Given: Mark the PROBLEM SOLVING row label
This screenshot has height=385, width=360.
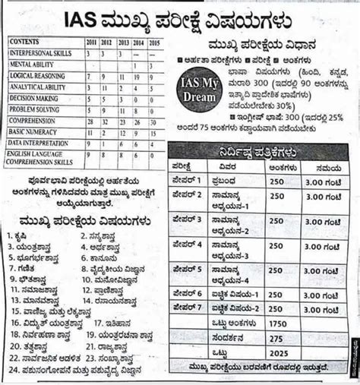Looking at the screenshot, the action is (x=33, y=109).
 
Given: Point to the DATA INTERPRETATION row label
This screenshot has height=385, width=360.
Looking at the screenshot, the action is (x=38, y=142).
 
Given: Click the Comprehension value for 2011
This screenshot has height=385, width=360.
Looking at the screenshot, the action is (x=90, y=120).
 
